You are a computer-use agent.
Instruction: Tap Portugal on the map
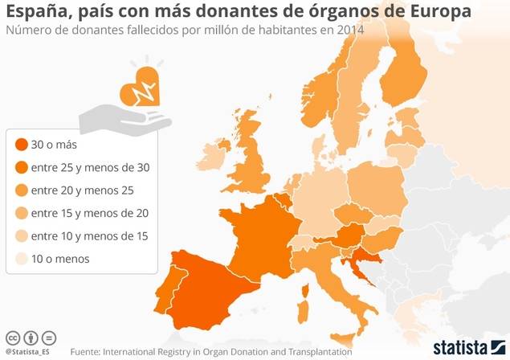pyautogui.click(x=175, y=290)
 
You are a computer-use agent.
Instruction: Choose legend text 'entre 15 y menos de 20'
pyautogui.click(x=89, y=213)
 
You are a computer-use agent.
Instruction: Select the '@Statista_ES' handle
pyautogui.click(x=28, y=351)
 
